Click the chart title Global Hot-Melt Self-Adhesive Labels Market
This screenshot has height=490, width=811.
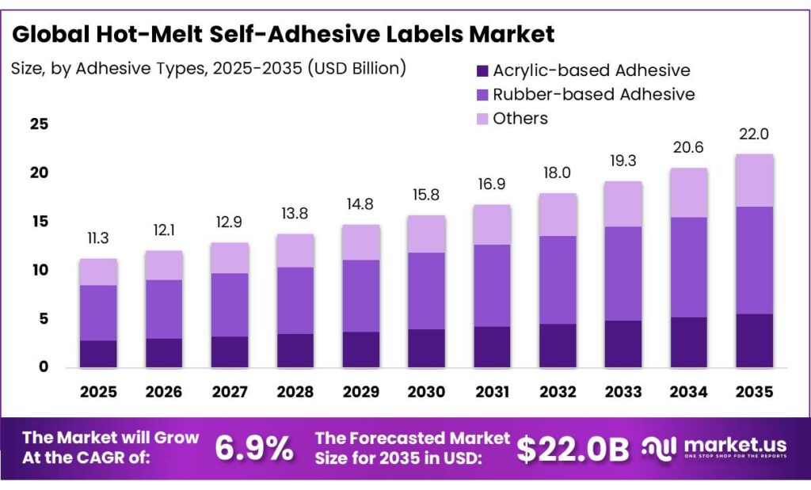pos(283,35)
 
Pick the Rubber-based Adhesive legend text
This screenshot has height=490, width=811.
pos(593,94)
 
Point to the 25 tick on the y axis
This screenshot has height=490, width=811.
pos(39,124)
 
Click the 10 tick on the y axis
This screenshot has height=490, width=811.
pos(39,270)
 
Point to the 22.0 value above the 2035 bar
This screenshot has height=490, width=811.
pos(754,135)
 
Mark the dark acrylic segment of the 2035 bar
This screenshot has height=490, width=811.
pos(754,340)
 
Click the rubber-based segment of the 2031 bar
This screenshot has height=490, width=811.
pos(492,285)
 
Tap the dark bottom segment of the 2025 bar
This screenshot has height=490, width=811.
pos(98,354)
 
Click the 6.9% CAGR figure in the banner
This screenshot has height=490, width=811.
pos(253,449)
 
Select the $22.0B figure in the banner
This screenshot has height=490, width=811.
pos(573,449)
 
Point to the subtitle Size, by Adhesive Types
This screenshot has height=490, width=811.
pos(208,68)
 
